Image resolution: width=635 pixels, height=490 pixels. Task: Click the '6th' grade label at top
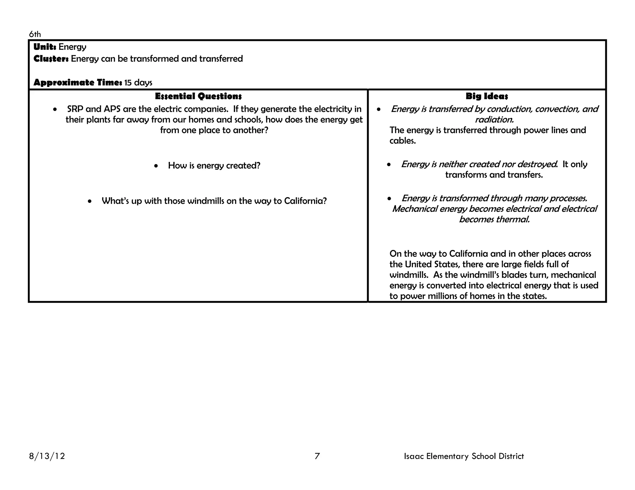(x=35, y=34)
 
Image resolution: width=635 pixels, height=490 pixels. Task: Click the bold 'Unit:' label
(x=45, y=47)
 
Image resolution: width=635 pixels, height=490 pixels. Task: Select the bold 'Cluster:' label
(x=51, y=59)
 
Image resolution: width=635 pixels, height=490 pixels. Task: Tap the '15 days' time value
(x=138, y=83)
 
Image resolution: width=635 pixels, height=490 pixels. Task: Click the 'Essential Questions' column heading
(x=198, y=96)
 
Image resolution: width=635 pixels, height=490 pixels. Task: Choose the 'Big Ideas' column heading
(x=487, y=96)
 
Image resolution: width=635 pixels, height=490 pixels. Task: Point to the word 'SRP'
(x=75, y=109)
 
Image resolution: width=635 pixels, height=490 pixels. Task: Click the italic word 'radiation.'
(x=494, y=120)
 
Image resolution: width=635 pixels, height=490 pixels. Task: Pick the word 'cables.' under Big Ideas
(x=402, y=141)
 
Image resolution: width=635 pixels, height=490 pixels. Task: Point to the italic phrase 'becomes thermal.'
(x=494, y=220)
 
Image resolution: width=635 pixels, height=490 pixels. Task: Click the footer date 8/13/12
(x=47, y=456)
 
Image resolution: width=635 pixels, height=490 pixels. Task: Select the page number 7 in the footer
(x=317, y=456)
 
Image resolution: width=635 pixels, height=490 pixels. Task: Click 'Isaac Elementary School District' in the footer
(x=464, y=456)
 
